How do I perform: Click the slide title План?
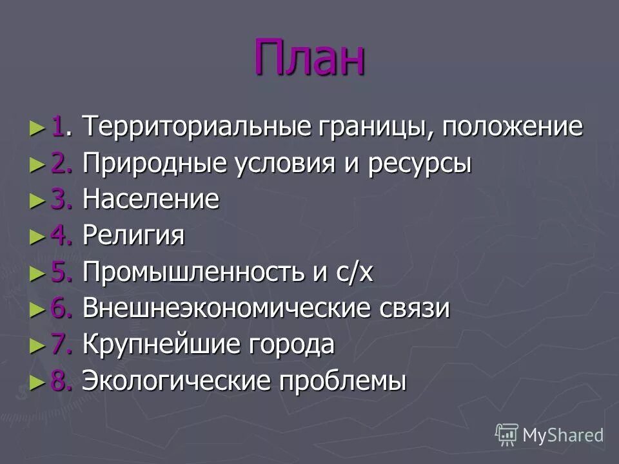pyautogui.click(x=309, y=57)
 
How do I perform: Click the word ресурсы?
pyautogui.click(x=420, y=164)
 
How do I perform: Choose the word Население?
pyautogui.click(x=151, y=200)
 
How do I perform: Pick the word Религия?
pyautogui.click(x=133, y=236)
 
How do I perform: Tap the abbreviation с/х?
pyautogui.click(x=352, y=273)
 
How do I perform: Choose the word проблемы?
pyautogui.click(x=342, y=382)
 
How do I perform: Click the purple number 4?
pyautogui.click(x=59, y=236)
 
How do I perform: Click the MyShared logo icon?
pyautogui.click(x=506, y=434)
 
